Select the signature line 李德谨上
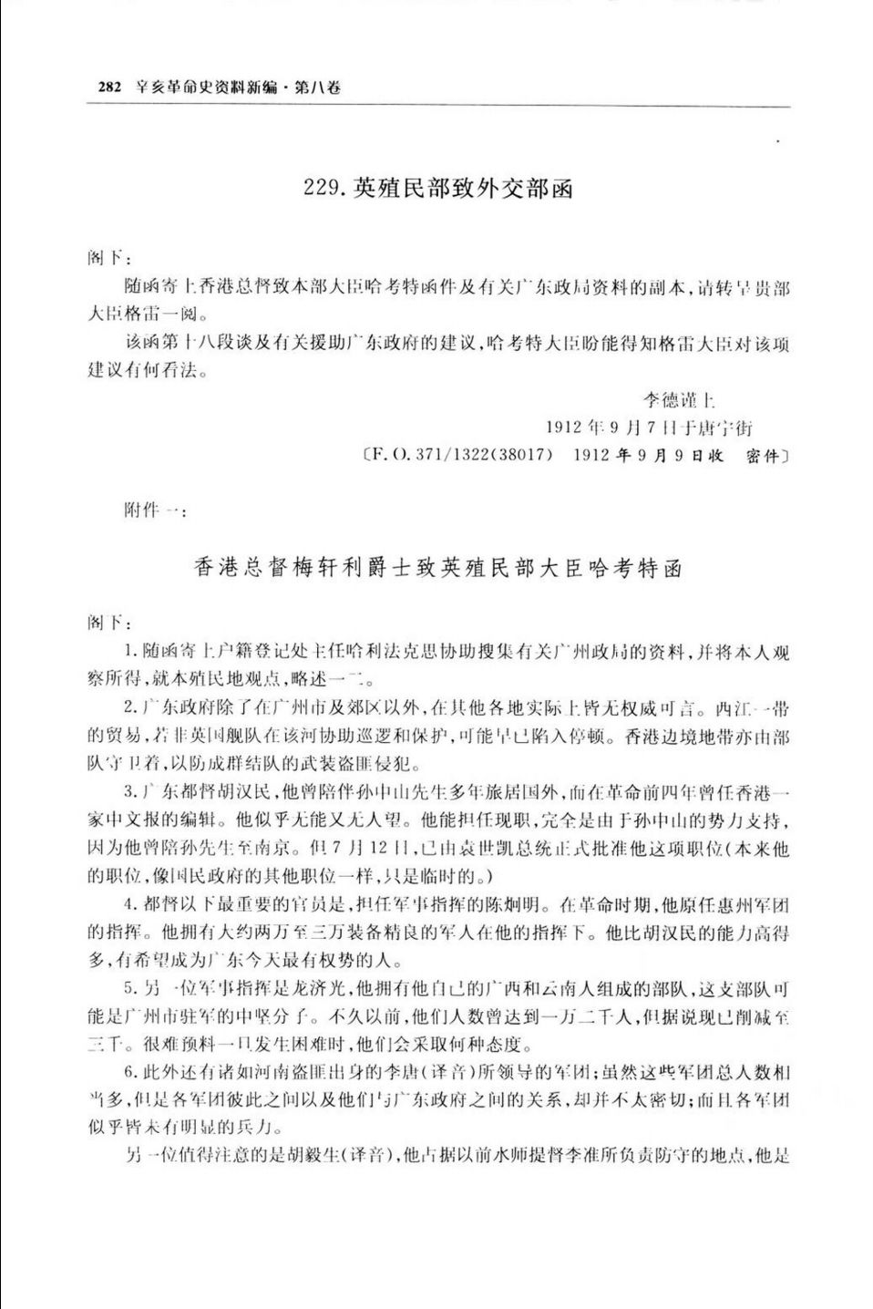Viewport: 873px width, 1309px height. (x=675, y=399)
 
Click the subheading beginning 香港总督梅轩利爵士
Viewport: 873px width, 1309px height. (x=436, y=567)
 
